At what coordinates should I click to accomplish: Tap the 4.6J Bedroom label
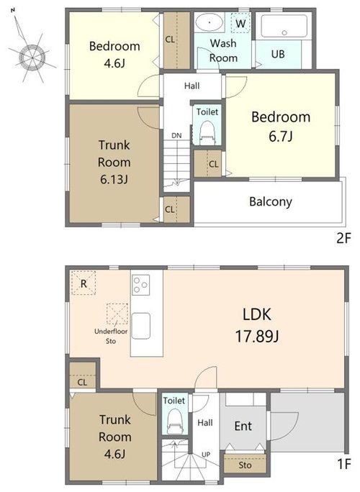click(x=114, y=55)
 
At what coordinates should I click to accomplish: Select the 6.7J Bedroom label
click(x=281, y=126)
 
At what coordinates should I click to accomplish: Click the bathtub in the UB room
click(x=284, y=26)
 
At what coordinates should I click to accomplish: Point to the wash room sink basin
click(x=210, y=22)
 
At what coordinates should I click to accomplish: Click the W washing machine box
click(x=240, y=23)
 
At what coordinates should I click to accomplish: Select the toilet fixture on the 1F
click(x=174, y=421)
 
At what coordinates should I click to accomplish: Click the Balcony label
click(x=271, y=201)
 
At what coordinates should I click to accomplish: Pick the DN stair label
click(x=176, y=135)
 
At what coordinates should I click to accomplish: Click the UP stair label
click(x=206, y=455)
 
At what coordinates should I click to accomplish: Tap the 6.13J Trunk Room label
click(x=114, y=162)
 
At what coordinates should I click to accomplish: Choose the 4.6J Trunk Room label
click(x=115, y=437)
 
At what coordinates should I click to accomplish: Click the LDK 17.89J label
click(x=257, y=325)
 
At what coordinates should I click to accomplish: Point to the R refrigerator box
click(x=84, y=283)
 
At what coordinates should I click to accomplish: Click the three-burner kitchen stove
click(x=140, y=285)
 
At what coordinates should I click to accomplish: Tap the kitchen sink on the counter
click(x=140, y=326)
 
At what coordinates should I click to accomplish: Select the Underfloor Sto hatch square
click(x=117, y=314)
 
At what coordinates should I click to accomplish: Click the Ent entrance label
click(x=243, y=426)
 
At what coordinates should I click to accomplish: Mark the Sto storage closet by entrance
click(x=245, y=465)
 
